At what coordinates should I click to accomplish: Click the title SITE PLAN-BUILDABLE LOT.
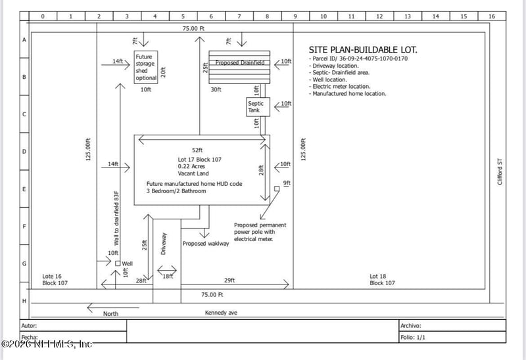(363, 50)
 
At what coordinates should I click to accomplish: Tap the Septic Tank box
(256, 107)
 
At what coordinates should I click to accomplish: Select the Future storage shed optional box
(146, 67)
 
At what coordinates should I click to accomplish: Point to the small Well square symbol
(118, 263)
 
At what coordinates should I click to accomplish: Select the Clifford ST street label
(500, 171)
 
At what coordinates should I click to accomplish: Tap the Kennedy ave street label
(220, 313)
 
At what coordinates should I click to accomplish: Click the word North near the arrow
(111, 314)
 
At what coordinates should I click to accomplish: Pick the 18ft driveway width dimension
(168, 277)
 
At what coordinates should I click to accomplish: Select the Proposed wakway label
(205, 244)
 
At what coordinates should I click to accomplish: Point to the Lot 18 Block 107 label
(382, 279)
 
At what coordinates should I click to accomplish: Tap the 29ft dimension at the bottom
(229, 281)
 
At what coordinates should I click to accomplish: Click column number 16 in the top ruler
(492, 16)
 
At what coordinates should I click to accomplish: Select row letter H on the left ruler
(24, 301)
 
